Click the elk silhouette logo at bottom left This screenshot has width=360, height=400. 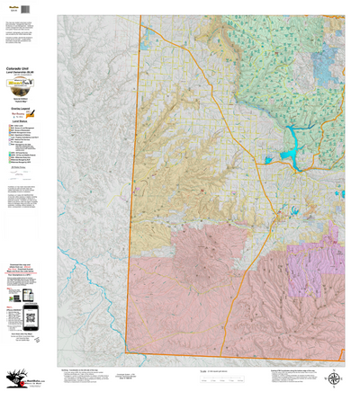[13, 382]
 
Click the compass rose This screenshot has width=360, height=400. [334, 379]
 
